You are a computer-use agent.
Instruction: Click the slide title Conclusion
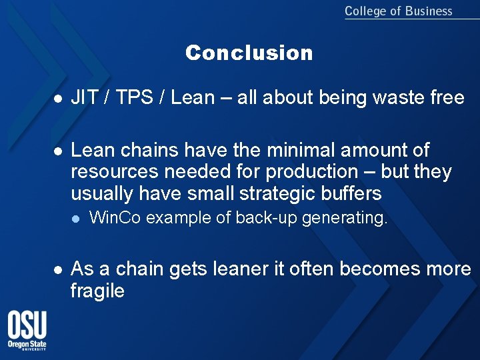[249, 53]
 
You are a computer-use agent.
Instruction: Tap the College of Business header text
[398, 11]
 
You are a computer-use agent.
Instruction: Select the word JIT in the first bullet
[85, 98]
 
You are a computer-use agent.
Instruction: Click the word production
[312, 172]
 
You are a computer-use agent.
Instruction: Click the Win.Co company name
[115, 218]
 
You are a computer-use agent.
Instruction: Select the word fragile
[97, 291]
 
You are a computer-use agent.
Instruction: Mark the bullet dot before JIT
[58, 99]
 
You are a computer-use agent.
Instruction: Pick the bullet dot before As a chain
[58, 269]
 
